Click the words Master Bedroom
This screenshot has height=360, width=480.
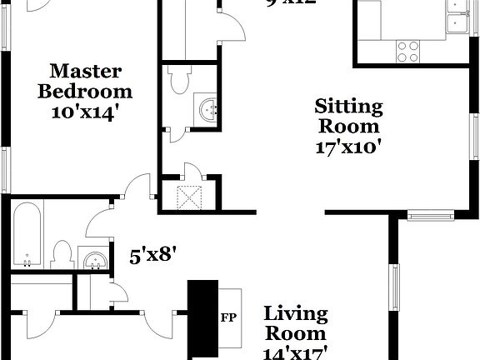coord(84,81)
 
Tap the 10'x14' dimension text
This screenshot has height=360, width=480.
coord(84,111)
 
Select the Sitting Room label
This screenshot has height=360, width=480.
coord(348,117)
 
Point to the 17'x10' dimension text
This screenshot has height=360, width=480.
coord(348,148)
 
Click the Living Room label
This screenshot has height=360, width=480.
coord(295,324)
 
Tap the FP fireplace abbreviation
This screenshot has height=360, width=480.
coord(227,317)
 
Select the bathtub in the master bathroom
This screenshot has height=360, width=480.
coord(27,235)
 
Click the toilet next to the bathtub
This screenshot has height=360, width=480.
coord(62,253)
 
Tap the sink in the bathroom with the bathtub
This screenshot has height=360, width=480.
coord(94,259)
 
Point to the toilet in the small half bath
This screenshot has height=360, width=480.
coord(178,80)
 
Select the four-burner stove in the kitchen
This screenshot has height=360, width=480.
coord(407,51)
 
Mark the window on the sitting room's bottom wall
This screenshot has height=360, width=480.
coord(430,216)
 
